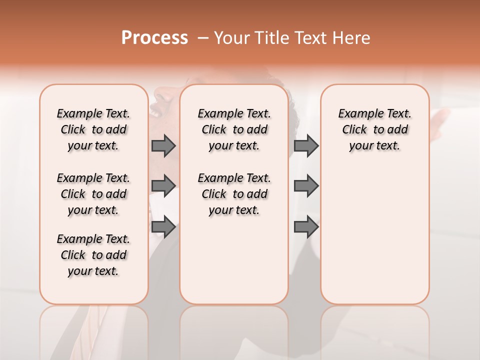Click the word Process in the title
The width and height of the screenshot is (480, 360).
154,38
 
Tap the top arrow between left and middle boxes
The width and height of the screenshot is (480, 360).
163,145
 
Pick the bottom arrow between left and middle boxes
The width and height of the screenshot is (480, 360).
163,227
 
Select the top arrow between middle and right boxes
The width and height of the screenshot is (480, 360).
306,145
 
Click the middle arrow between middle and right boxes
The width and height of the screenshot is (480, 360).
306,186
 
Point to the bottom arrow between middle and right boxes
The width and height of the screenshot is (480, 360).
306,227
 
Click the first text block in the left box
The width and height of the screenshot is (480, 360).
93,129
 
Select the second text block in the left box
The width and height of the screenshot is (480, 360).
93,194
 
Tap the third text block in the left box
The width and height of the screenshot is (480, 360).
93,255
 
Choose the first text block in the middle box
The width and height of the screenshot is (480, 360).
234,129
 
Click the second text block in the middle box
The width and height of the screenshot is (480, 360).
234,194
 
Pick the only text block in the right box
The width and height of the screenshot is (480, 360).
374,129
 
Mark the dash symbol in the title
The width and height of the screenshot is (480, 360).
203,38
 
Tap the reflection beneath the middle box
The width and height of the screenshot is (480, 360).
234,330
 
